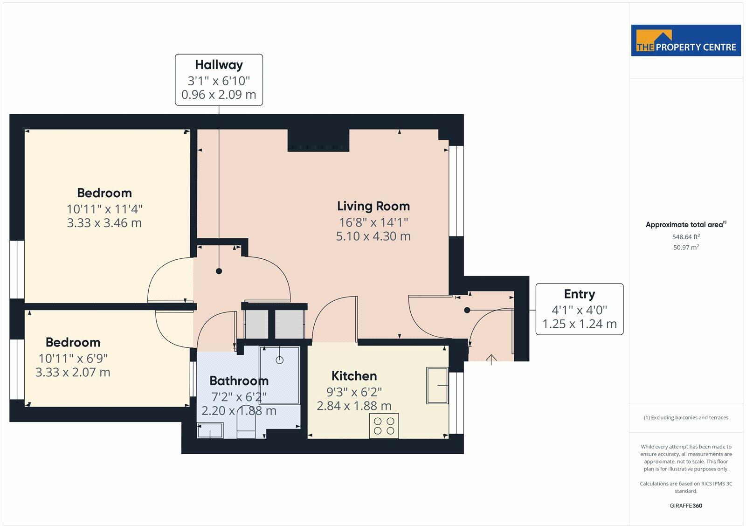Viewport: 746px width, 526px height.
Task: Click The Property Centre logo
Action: coord(686,41)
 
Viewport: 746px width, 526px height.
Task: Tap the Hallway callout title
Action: coord(219,65)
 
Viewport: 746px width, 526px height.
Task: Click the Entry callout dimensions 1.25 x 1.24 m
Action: coord(579,324)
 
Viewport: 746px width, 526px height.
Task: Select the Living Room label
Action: coord(373,206)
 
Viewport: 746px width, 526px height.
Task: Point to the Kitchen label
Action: coord(354,376)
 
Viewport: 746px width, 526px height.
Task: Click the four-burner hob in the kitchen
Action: coord(384,426)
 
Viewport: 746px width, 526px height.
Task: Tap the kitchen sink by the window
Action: coord(437,386)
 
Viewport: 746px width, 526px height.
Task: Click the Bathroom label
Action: coord(239,381)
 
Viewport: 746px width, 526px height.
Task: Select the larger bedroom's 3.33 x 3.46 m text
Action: coord(104,223)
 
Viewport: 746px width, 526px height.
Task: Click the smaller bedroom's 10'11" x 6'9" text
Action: coord(73,358)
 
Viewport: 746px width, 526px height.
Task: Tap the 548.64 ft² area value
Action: coord(686,237)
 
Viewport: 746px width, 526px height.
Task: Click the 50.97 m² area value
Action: coord(686,248)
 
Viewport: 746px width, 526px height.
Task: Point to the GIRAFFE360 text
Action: coord(686,505)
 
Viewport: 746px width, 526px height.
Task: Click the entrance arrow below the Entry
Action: coord(491,359)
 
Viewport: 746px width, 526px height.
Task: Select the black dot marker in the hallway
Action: coord(219,271)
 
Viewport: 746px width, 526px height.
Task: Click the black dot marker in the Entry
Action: coord(467,310)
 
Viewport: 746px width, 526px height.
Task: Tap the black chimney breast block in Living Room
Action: coord(318,140)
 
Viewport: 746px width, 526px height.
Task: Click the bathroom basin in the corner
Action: coord(210,430)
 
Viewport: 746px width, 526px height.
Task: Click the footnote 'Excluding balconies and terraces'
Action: coord(686,418)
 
